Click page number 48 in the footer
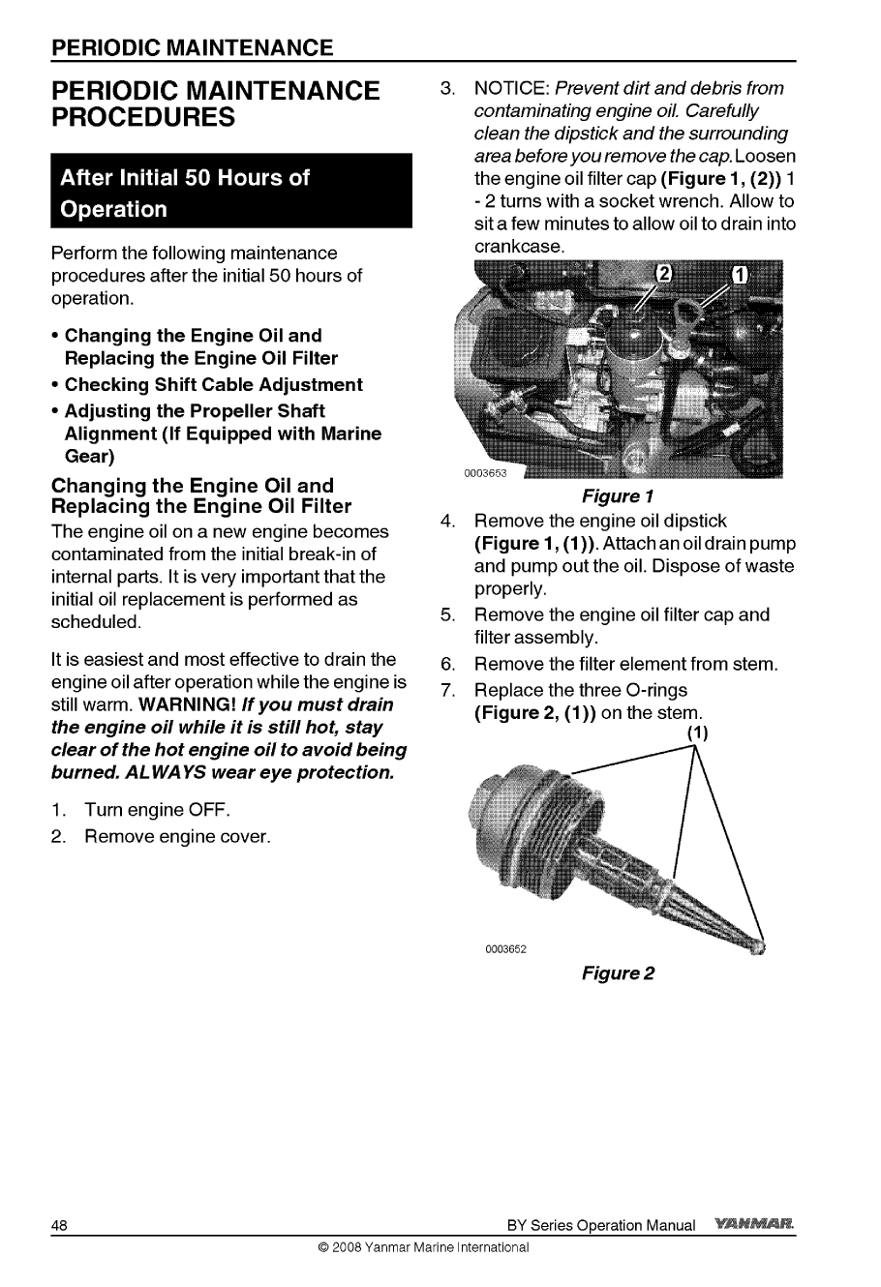point(59,1225)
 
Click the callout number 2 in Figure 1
point(663,273)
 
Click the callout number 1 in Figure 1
point(737,273)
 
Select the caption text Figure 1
point(618,496)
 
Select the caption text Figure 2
point(618,973)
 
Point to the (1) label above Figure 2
point(697,733)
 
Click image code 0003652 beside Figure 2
point(504,948)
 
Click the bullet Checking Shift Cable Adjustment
point(213,384)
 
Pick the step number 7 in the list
point(446,691)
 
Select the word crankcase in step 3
point(518,248)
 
